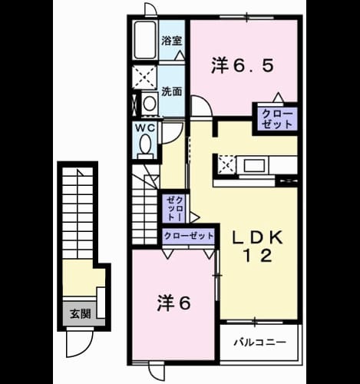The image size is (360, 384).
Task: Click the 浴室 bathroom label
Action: point(171,41)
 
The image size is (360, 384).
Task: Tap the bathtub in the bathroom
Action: point(145,41)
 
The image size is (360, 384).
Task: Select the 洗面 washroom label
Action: point(171,91)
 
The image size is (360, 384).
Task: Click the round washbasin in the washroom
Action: point(150,104)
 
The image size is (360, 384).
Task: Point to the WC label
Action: point(145,127)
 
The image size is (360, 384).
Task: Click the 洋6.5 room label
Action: point(243,66)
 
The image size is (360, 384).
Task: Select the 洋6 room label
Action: point(174,303)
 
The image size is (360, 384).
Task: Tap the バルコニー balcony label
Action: point(260,343)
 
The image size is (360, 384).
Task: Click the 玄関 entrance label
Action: point(81,313)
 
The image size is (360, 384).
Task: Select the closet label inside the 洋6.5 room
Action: point(277,119)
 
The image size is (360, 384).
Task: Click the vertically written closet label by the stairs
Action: point(175,209)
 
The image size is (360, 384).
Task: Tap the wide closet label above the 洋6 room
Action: point(188,235)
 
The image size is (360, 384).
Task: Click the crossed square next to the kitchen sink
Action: point(226,165)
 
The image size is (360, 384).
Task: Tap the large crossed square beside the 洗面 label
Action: point(144,77)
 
